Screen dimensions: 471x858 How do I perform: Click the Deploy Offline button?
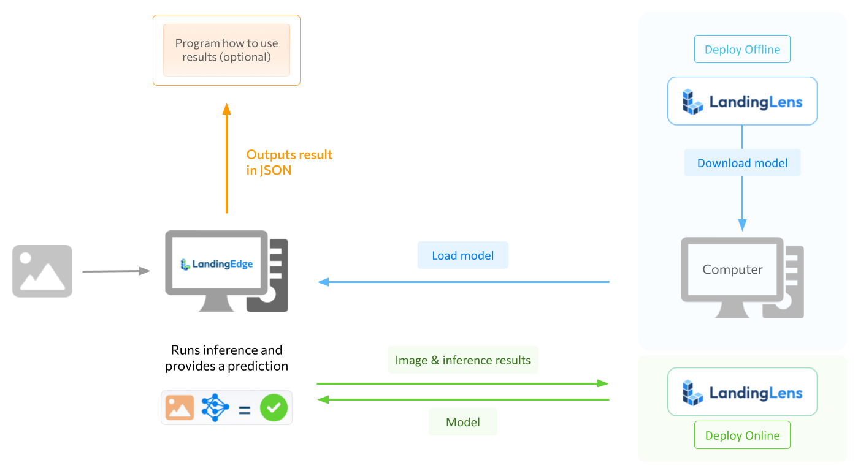click(742, 50)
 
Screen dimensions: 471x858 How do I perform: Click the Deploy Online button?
click(742, 435)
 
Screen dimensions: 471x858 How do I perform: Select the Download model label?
click(742, 163)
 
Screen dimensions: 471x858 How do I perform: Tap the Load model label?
click(462, 255)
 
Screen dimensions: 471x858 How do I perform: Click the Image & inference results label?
click(462, 360)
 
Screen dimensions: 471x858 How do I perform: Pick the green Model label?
click(462, 422)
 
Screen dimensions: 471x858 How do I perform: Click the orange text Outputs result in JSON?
click(289, 162)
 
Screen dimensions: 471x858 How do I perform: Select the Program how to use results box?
click(226, 51)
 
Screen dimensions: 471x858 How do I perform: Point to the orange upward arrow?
click(226, 159)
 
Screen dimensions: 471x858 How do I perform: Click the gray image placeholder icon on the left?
click(42, 271)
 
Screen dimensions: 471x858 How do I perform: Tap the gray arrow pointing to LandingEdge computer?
click(116, 271)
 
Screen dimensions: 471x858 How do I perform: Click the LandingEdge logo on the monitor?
click(217, 265)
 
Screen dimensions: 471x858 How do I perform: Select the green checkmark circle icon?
click(274, 408)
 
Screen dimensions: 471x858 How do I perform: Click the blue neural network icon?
click(215, 408)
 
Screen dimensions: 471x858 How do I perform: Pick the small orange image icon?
click(180, 408)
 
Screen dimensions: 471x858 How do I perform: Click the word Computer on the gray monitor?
click(732, 270)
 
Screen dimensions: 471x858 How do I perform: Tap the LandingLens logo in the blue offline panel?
click(742, 102)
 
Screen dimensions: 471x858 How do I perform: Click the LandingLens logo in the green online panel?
click(742, 392)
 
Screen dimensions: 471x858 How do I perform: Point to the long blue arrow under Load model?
click(463, 282)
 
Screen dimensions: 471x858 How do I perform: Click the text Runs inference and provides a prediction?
click(226, 358)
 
